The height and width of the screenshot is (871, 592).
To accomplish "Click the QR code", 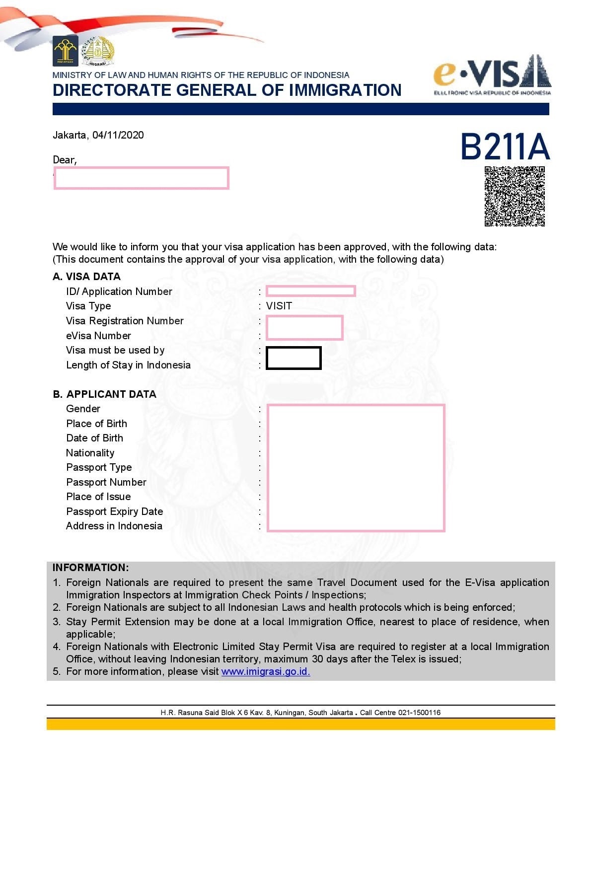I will (515, 196).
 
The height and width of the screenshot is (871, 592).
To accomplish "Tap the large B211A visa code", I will (505, 146).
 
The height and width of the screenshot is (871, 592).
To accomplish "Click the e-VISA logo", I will (492, 75).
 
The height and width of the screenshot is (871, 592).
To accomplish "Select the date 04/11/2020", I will (118, 135).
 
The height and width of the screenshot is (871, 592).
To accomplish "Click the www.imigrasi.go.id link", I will (265, 671).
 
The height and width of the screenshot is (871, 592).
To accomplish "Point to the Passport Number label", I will (106, 482).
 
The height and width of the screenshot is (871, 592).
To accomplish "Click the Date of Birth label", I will (94, 438).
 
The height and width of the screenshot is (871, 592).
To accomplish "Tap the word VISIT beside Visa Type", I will (279, 306).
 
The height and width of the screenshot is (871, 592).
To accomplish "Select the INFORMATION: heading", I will (90, 568).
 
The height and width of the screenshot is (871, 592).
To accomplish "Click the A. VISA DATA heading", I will (86, 277).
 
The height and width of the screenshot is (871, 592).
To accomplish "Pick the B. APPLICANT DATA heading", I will (104, 394).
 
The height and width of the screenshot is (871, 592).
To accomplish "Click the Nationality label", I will (90, 453).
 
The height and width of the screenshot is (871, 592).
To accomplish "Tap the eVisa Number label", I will (98, 336).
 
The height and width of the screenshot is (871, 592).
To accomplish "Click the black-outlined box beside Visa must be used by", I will (294, 358).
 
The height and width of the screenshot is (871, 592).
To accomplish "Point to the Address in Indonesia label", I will (114, 526).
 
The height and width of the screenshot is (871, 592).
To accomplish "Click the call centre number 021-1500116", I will (419, 713).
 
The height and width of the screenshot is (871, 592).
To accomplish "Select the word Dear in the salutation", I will (64, 160).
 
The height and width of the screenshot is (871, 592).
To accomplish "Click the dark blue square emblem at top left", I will (65, 51).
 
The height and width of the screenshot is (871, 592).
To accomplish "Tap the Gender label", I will (83, 409).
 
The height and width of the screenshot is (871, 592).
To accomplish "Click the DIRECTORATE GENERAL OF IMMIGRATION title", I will (227, 90).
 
